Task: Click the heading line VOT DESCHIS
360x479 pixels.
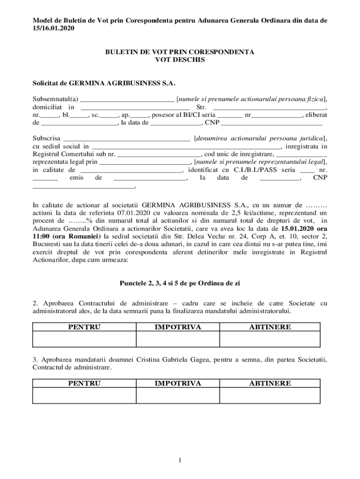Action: coord(180,60)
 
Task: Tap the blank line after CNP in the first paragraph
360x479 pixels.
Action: coord(271,124)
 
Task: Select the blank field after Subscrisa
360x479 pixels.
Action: coord(126,139)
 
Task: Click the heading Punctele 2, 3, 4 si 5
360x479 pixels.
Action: coord(180,283)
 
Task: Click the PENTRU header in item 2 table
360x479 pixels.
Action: coord(84,327)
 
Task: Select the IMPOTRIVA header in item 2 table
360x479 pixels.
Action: coord(178,327)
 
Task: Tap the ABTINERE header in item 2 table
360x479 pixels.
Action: coord(270,327)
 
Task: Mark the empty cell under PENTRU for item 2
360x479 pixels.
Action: coord(84,339)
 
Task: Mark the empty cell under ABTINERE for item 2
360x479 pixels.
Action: coord(270,339)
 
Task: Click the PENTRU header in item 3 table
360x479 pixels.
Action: coord(84,383)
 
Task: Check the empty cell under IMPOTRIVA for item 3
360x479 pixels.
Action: coord(178,395)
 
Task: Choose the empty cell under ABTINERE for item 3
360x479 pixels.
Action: coord(270,395)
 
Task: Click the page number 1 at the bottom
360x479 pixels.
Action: coord(180,461)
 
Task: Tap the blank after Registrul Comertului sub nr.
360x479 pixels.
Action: coord(159,154)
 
